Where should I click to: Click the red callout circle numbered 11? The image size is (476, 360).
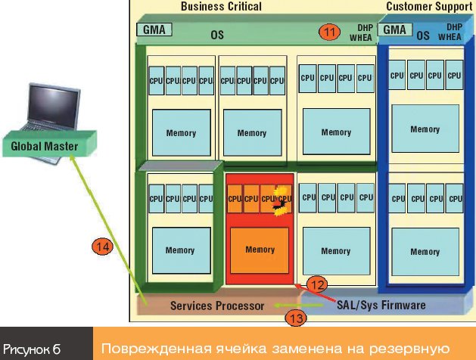(x=328, y=33)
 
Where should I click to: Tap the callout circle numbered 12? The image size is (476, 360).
(x=318, y=285)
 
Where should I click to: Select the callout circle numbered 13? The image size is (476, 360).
(x=297, y=318)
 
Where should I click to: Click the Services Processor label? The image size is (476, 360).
(x=217, y=306)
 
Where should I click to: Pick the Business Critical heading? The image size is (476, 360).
(x=221, y=6)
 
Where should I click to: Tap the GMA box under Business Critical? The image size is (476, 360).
(x=154, y=30)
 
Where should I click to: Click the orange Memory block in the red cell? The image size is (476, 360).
(x=260, y=250)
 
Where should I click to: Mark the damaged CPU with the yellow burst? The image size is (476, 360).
(x=283, y=202)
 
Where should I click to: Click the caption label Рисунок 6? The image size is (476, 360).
(x=31, y=348)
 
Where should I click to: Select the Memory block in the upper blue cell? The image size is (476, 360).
(x=425, y=129)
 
